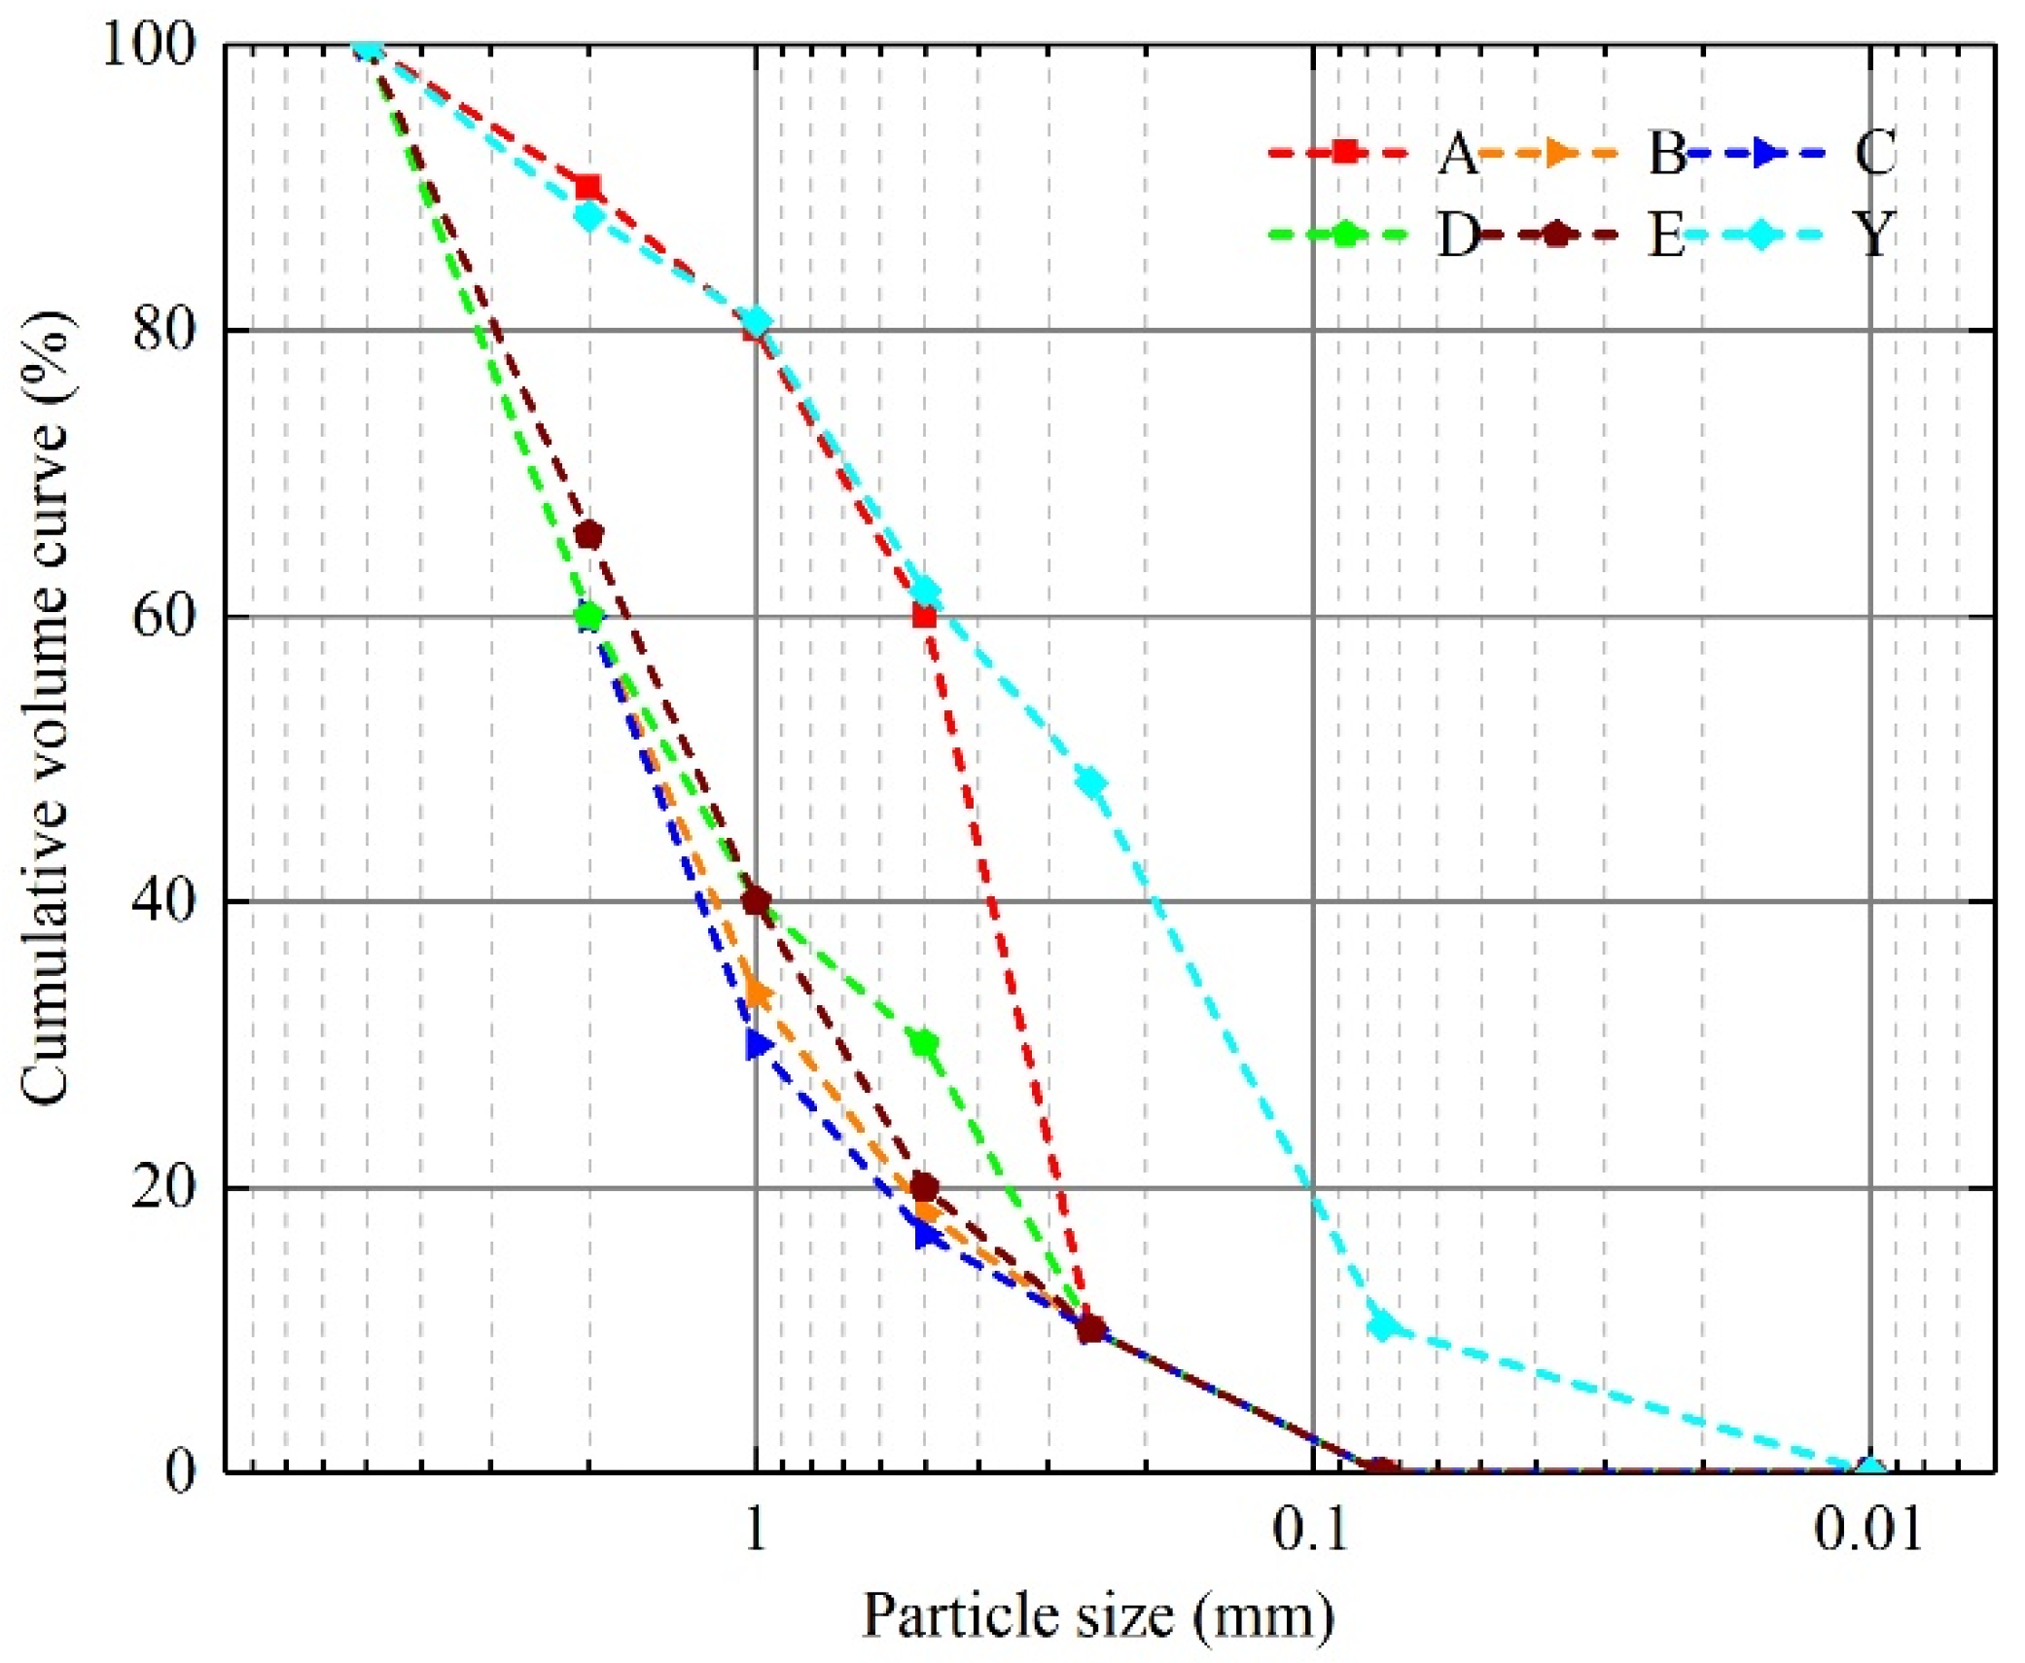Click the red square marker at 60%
[x=924, y=616]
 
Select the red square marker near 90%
[x=587, y=187]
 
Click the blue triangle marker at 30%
[x=758, y=1044]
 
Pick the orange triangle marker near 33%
[x=760, y=994]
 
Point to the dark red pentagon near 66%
[x=589, y=534]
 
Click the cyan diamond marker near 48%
[x=1091, y=782]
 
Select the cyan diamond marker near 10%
[x=1381, y=1324]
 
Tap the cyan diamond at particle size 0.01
[x=1869, y=1470]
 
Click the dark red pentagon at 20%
[x=925, y=1187]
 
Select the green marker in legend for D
[x=1344, y=235]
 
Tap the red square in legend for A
[x=1344, y=153]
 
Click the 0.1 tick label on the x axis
[x=1312, y=1529]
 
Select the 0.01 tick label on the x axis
[x=1868, y=1529]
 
